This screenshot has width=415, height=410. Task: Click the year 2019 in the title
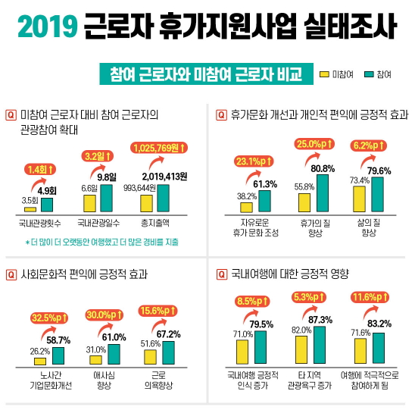48,28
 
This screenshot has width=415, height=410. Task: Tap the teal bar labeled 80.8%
323,192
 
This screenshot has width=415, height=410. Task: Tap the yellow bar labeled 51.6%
150,357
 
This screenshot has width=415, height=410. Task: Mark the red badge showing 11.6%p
370,297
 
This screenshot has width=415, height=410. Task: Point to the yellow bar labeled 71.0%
243,352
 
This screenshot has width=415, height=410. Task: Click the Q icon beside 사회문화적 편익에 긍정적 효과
11,274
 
